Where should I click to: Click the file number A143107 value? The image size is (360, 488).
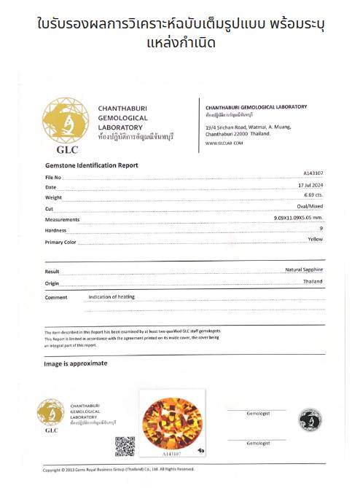coord(313,173)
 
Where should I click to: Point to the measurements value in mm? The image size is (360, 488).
coord(299,218)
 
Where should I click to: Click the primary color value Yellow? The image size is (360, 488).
coord(316,239)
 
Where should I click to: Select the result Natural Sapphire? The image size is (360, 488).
coord(304,269)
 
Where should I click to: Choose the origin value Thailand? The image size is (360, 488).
coord(313,282)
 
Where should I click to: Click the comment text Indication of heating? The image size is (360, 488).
coord(111,297)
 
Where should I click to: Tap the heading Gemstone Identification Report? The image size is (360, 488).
coord(91,165)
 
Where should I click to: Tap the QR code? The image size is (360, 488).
coord(125,445)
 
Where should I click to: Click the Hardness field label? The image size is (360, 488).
coord(55,230)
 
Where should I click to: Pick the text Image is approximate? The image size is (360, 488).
coord(75,363)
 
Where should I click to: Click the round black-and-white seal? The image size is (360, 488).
coord(310,419)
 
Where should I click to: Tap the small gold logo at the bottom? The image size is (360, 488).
coord(51,414)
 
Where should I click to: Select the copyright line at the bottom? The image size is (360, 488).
coord(119,470)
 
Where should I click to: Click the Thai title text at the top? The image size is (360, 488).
coord(180,32)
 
